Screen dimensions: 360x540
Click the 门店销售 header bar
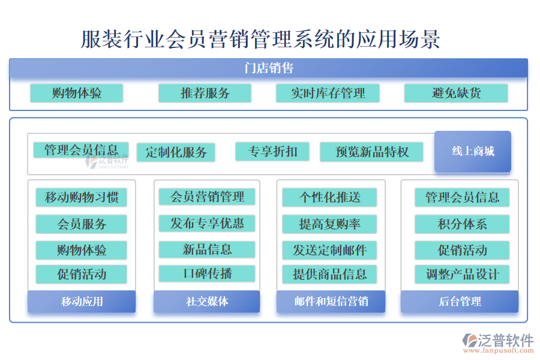coord(268,68)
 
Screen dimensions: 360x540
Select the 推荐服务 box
coord(205,93)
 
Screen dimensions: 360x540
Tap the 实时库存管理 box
coord(328,93)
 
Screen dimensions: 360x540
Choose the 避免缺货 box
coord(456,93)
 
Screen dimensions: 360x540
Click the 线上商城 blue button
coord(473,152)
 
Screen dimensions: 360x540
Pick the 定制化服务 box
coord(176,152)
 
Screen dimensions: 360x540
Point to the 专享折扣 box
coord(272,152)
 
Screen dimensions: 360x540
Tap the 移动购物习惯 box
coord(81,197)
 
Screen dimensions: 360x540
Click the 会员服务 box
coord(81,224)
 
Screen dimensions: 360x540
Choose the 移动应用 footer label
coord(82,301)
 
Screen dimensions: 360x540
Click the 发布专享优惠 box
coord(207,223)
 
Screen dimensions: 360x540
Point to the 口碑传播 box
coord(207,274)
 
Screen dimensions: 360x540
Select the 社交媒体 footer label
coord(207,301)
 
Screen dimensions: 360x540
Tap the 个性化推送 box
coord(329,197)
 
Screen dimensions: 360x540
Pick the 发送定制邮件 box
coord(329,250)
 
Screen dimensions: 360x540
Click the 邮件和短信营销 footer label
coord(331,301)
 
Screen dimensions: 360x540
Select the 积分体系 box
coord(462,224)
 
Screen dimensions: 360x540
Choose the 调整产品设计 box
coord(462,274)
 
